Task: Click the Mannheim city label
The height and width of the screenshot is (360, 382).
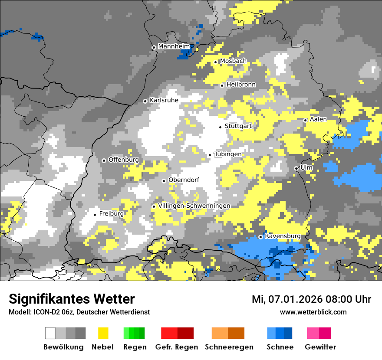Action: pos(174,46)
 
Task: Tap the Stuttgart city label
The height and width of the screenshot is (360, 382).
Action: pos(238,126)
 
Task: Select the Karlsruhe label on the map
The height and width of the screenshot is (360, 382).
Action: pos(164,100)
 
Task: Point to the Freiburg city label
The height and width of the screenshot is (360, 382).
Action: pos(111,214)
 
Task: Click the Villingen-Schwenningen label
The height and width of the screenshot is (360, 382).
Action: pos(194,206)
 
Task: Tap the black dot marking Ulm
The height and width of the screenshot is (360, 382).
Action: pos(296,168)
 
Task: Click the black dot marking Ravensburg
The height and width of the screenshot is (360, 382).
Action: pos(260,237)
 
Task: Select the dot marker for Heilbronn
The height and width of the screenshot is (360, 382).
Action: pos(222,85)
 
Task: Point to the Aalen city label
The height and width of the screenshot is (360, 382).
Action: pos(318,119)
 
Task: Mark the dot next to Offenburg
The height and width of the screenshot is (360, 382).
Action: pos(104,160)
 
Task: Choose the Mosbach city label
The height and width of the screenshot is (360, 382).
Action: pos(233,61)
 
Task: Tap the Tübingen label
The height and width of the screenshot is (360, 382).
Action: pos(228,154)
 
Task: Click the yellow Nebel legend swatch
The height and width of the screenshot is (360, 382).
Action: pos(103,333)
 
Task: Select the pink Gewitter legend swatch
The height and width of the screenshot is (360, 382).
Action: pos(319,333)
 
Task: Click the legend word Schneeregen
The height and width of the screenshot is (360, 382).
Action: pos(229,347)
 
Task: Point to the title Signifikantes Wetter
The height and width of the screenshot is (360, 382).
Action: pos(72,299)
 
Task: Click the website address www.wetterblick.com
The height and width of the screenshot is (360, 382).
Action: pos(313,312)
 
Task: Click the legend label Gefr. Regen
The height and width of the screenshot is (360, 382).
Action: pos(177,347)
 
